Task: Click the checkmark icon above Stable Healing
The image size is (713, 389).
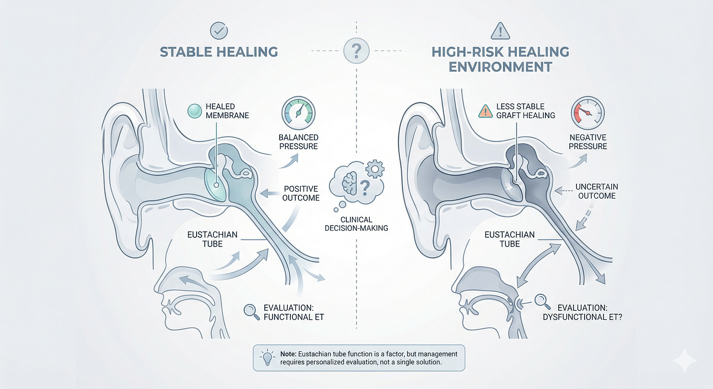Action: tap(218, 31)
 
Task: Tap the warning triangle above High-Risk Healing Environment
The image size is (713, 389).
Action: tap(500, 31)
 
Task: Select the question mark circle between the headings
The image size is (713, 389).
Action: tap(356, 50)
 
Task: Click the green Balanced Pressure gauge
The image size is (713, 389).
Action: tap(298, 113)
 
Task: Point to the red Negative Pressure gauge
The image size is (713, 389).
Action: tap(588, 113)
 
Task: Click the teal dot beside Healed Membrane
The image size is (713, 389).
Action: tap(195, 111)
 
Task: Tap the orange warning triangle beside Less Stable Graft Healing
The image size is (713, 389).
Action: tap(485, 112)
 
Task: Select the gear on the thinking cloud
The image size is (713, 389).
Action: tap(375, 169)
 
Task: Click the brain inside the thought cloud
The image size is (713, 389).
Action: tap(349, 183)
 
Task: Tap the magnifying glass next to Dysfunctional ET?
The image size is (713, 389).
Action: tap(542, 302)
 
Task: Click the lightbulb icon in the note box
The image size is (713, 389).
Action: tap(267, 358)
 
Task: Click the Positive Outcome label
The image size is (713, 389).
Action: tap(301, 193)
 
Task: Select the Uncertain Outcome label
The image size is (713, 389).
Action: tap(597, 191)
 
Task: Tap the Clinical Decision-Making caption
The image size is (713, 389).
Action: tap(356, 224)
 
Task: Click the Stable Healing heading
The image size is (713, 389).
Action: tap(218, 52)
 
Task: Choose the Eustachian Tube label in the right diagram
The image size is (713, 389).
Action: tap(510, 239)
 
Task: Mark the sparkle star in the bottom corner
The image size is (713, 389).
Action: tap(684, 360)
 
